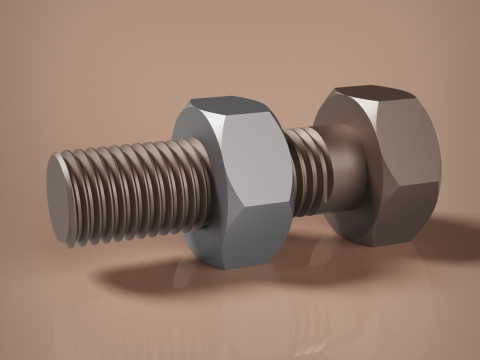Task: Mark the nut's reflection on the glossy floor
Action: pos(235,300)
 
